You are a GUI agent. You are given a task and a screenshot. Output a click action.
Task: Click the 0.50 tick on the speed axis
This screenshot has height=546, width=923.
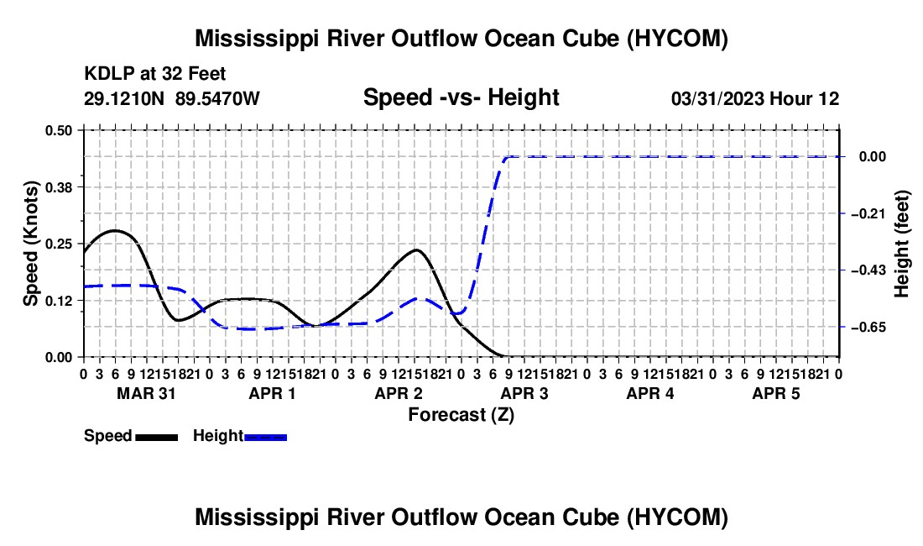pyautogui.click(x=58, y=130)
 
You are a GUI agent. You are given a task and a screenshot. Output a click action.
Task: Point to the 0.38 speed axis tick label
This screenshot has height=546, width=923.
pyautogui.click(x=58, y=187)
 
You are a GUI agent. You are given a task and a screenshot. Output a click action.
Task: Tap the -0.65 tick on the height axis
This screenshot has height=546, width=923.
pyautogui.click(x=868, y=327)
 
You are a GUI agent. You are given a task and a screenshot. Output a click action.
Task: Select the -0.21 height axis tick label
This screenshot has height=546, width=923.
pyautogui.click(x=868, y=213)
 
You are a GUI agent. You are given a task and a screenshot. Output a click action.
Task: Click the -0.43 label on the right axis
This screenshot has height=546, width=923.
pyautogui.click(x=868, y=270)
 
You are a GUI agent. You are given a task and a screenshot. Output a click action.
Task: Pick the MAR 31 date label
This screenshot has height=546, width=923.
pyautogui.click(x=146, y=393)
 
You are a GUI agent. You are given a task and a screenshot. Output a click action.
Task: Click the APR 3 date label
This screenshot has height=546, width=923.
pyautogui.click(x=524, y=393)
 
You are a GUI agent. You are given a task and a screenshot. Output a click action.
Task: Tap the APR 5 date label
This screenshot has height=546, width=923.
pyautogui.click(x=776, y=393)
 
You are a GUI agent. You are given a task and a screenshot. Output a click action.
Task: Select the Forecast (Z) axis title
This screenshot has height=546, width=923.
pyautogui.click(x=461, y=415)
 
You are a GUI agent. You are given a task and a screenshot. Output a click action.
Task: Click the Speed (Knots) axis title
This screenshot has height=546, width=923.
pyautogui.click(x=30, y=244)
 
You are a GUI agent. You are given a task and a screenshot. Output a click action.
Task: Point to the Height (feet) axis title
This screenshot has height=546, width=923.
pyautogui.click(x=901, y=244)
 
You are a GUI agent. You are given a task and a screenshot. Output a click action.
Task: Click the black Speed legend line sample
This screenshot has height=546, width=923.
pyautogui.click(x=157, y=437)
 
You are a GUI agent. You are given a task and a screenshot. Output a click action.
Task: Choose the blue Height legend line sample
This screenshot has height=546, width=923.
pyautogui.click(x=265, y=437)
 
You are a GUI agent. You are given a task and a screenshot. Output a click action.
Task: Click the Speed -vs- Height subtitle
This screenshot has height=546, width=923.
pyautogui.click(x=461, y=97)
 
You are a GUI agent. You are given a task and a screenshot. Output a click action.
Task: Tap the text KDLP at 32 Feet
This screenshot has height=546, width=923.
pyautogui.click(x=155, y=74)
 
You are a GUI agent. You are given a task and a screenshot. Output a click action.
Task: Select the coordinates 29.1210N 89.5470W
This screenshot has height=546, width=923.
pyautogui.click(x=171, y=98)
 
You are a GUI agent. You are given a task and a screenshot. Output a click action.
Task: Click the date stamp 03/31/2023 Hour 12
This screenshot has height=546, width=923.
pyautogui.click(x=755, y=98)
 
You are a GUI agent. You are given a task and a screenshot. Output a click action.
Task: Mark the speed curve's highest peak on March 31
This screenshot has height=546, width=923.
pyautogui.click(x=116, y=230)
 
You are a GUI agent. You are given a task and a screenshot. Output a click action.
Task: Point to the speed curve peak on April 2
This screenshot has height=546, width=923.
pyautogui.click(x=417, y=249)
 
